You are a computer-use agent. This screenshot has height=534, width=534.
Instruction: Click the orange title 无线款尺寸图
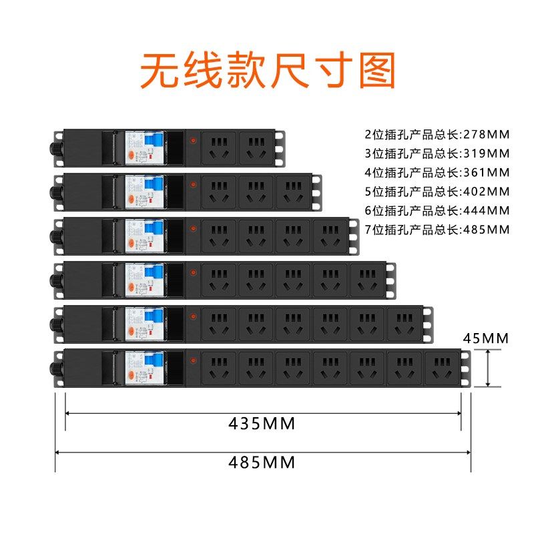267,71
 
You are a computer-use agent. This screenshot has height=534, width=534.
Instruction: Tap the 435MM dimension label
262,423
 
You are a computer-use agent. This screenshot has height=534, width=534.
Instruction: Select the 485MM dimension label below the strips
262,462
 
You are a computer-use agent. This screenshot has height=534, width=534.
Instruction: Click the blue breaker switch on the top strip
154,142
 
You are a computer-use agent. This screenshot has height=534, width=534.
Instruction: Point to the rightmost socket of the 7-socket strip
442,367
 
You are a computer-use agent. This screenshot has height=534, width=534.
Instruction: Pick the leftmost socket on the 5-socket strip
219,278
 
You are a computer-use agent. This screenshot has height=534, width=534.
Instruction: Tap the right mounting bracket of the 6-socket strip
428,323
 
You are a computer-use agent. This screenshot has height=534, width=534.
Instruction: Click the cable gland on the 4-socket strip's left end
54,235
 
